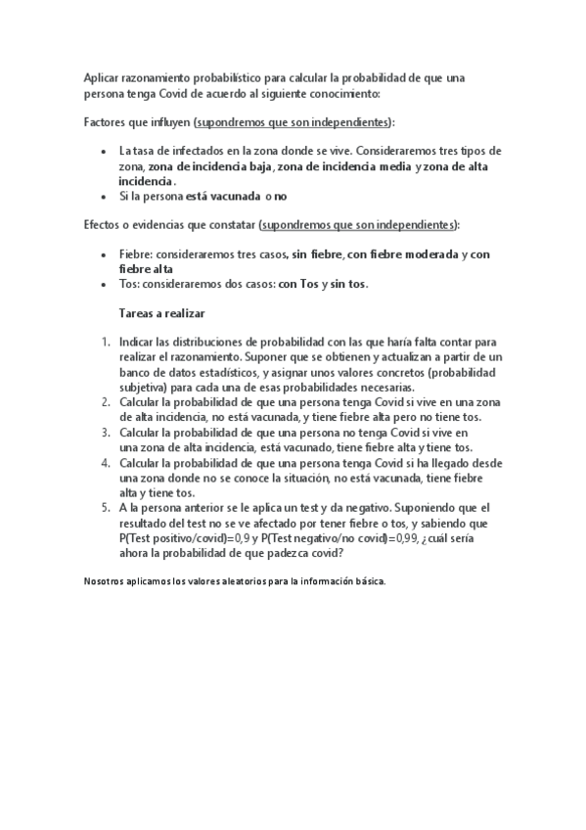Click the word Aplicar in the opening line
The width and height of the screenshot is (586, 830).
(102, 76)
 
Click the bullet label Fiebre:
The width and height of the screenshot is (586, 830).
(134, 254)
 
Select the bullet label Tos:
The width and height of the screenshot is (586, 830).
(129, 285)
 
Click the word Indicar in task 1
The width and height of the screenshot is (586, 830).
(138, 343)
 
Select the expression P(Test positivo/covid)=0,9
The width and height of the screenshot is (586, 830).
(183, 538)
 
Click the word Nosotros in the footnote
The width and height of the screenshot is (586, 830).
(105, 581)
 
